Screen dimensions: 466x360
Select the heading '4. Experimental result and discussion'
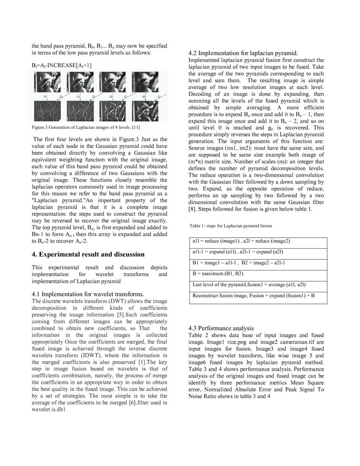(88, 254)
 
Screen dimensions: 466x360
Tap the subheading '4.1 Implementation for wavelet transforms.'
(88, 294)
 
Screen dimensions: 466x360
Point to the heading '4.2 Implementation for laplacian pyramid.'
(243, 53)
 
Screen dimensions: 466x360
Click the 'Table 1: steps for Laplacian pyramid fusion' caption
(231, 226)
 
